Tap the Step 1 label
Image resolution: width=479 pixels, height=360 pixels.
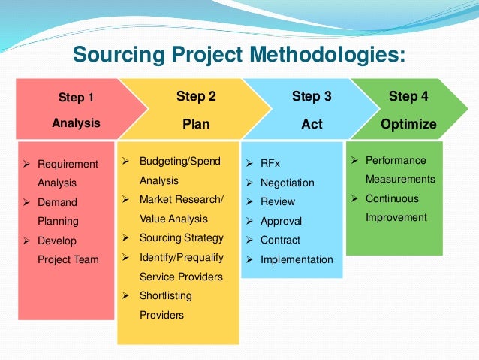(x=77, y=97)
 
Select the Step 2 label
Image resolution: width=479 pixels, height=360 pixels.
(x=196, y=96)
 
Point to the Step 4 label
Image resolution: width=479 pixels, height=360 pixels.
(x=408, y=96)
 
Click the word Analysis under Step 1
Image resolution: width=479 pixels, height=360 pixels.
(x=76, y=123)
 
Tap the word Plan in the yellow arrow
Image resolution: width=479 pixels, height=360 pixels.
(x=196, y=123)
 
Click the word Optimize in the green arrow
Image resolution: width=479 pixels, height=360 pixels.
(x=408, y=123)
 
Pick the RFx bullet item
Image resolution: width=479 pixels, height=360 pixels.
(x=270, y=163)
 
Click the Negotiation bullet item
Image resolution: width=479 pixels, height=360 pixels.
(x=287, y=183)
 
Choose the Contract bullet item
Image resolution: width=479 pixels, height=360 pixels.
(x=280, y=241)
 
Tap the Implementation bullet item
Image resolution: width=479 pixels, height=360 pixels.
(x=297, y=260)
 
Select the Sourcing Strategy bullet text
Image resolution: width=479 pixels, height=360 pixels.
(x=182, y=237)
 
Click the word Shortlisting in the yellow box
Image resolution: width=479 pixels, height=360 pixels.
(x=166, y=295)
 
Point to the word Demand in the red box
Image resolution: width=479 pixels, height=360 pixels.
(x=57, y=202)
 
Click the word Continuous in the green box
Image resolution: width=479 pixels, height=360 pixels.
(x=392, y=198)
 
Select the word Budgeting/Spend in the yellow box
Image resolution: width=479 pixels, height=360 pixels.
(x=180, y=161)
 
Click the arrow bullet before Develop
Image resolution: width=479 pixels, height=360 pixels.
(x=26, y=241)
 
